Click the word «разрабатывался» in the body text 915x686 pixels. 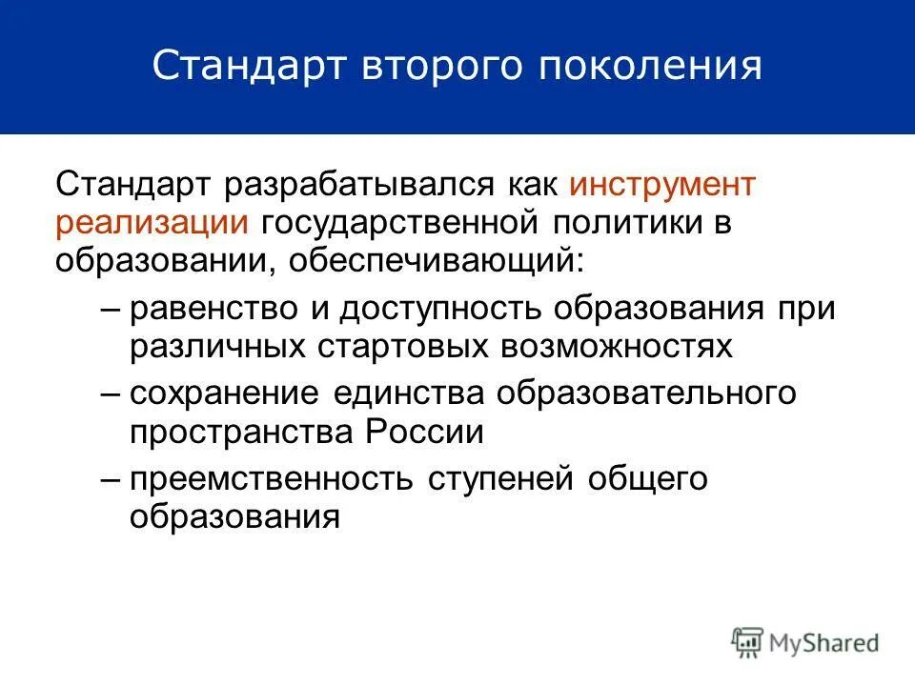360,184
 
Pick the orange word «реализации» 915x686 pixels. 152,222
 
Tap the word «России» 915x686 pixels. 423,432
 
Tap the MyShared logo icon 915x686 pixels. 749,642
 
